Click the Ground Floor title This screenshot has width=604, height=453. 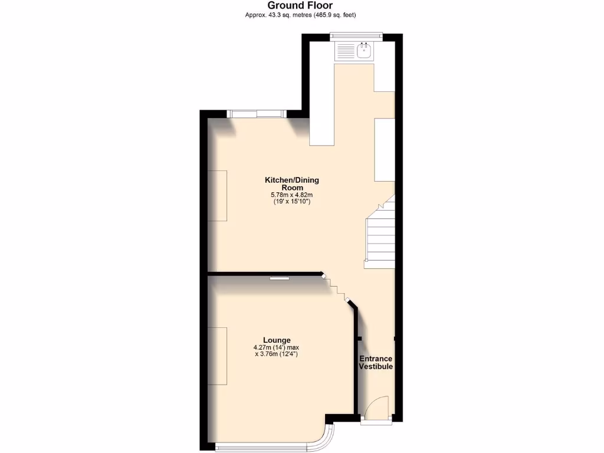click(300, 5)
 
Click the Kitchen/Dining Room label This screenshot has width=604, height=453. click(291, 183)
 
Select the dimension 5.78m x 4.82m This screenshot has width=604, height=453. click(291, 195)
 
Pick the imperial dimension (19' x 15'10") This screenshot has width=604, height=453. click(291, 202)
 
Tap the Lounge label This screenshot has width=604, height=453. click(277, 340)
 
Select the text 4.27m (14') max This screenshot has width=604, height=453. click(277, 347)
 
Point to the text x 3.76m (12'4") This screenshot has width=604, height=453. click(277, 354)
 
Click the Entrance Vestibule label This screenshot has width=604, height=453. click(376, 363)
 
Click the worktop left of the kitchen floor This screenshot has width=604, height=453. click(321, 106)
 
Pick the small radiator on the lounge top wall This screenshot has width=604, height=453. click(280, 277)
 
